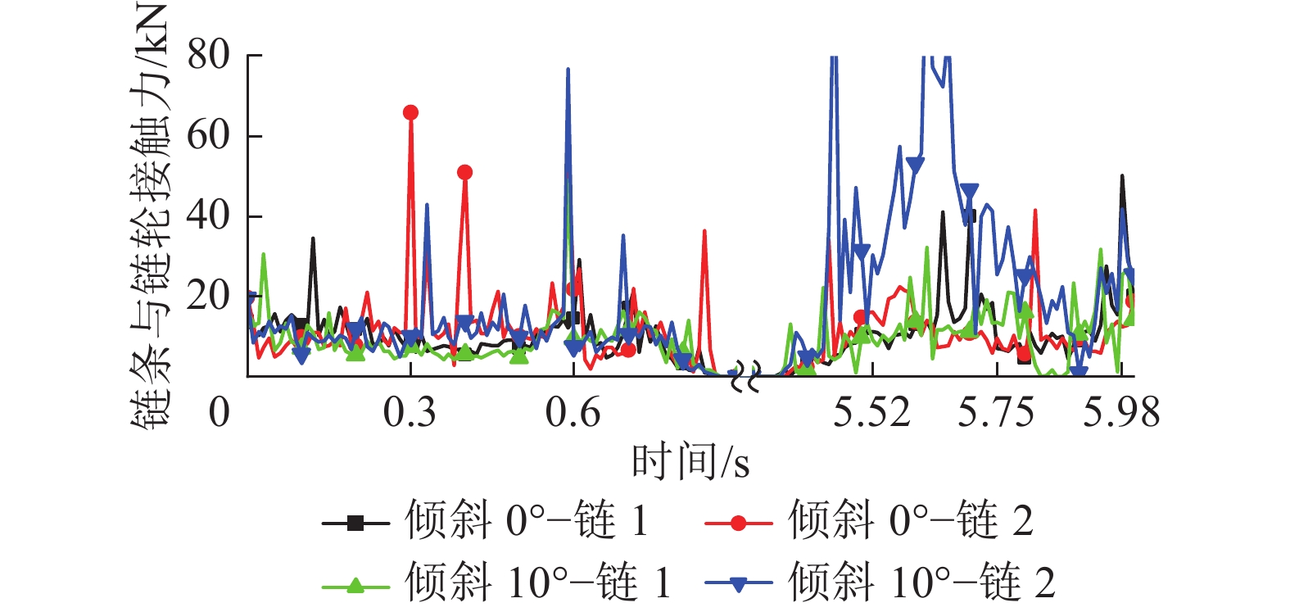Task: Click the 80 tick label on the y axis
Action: [x=208, y=56]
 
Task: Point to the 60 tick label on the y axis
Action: [x=208, y=135]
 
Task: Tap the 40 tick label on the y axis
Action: [x=208, y=215]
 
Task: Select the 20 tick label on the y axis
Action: [x=208, y=296]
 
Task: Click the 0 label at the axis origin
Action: [x=219, y=411]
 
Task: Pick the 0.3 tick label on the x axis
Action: [x=410, y=411]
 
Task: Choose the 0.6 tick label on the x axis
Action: [x=573, y=411]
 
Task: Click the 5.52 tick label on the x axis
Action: [x=872, y=411]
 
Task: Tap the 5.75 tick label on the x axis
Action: [x=996, y=411]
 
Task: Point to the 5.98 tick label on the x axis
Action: [x=1121, y=411]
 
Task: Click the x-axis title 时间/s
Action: [x=690, y=461]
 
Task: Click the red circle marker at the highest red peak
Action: [x=410, y=112]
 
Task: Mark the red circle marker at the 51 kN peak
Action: [x=464, y=172]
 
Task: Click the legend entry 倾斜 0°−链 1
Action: [x=486, y=521]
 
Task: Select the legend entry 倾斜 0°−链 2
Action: [x=869, y=521]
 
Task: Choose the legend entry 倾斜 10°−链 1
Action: [x=496, y=583]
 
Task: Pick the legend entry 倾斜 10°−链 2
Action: [x=880, y=583]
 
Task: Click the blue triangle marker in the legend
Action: [x=738, y=584]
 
